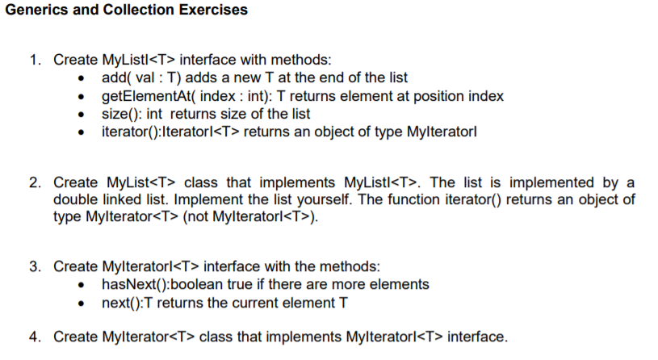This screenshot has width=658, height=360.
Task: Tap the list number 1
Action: click(36, 61)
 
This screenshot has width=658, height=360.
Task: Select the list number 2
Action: click(36, 182)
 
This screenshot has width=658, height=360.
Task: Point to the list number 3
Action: click(36, 266)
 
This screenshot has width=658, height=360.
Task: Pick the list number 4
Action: click(36, 337)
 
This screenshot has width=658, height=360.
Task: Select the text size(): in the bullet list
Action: click(120, 114)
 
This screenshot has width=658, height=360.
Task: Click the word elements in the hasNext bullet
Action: click(402, 284)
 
